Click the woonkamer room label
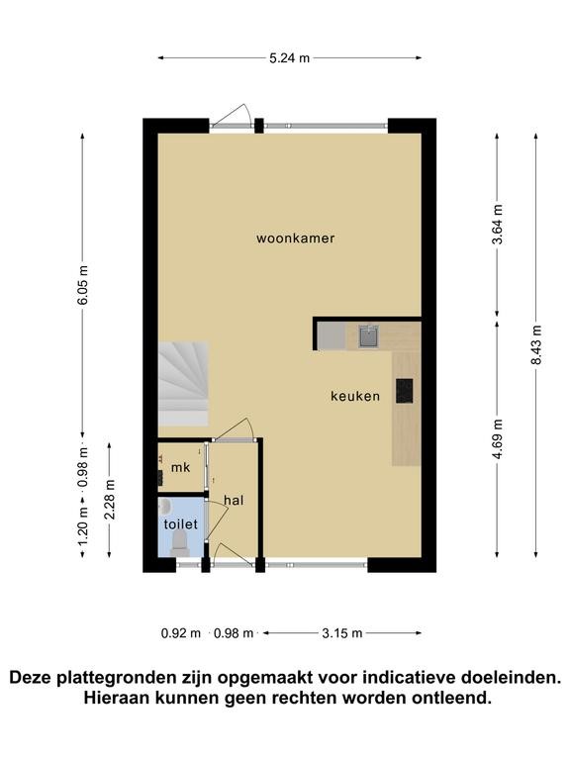click(x=295, y=237)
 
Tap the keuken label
click(x=355, y=396)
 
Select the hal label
click(x=234, y=500)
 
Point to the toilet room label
click(x=181, y=523)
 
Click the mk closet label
click(x=180, y=468)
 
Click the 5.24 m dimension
click(x=289, y=58)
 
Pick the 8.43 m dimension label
click(x=536, y=344)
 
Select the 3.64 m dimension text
click(x=498, y=225)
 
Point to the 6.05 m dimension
click(x=83, y=285)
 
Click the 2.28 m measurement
click(x=110, y=499)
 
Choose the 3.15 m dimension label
click(x=342, y=633)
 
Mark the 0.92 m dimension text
click(x=181, y=633)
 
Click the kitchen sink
click(x=369, y=335)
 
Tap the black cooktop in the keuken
click(x=404, y=391)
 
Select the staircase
click(x=183, y=383)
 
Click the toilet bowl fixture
click(x=180, y=543)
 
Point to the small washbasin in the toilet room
click(x=165, y=508)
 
